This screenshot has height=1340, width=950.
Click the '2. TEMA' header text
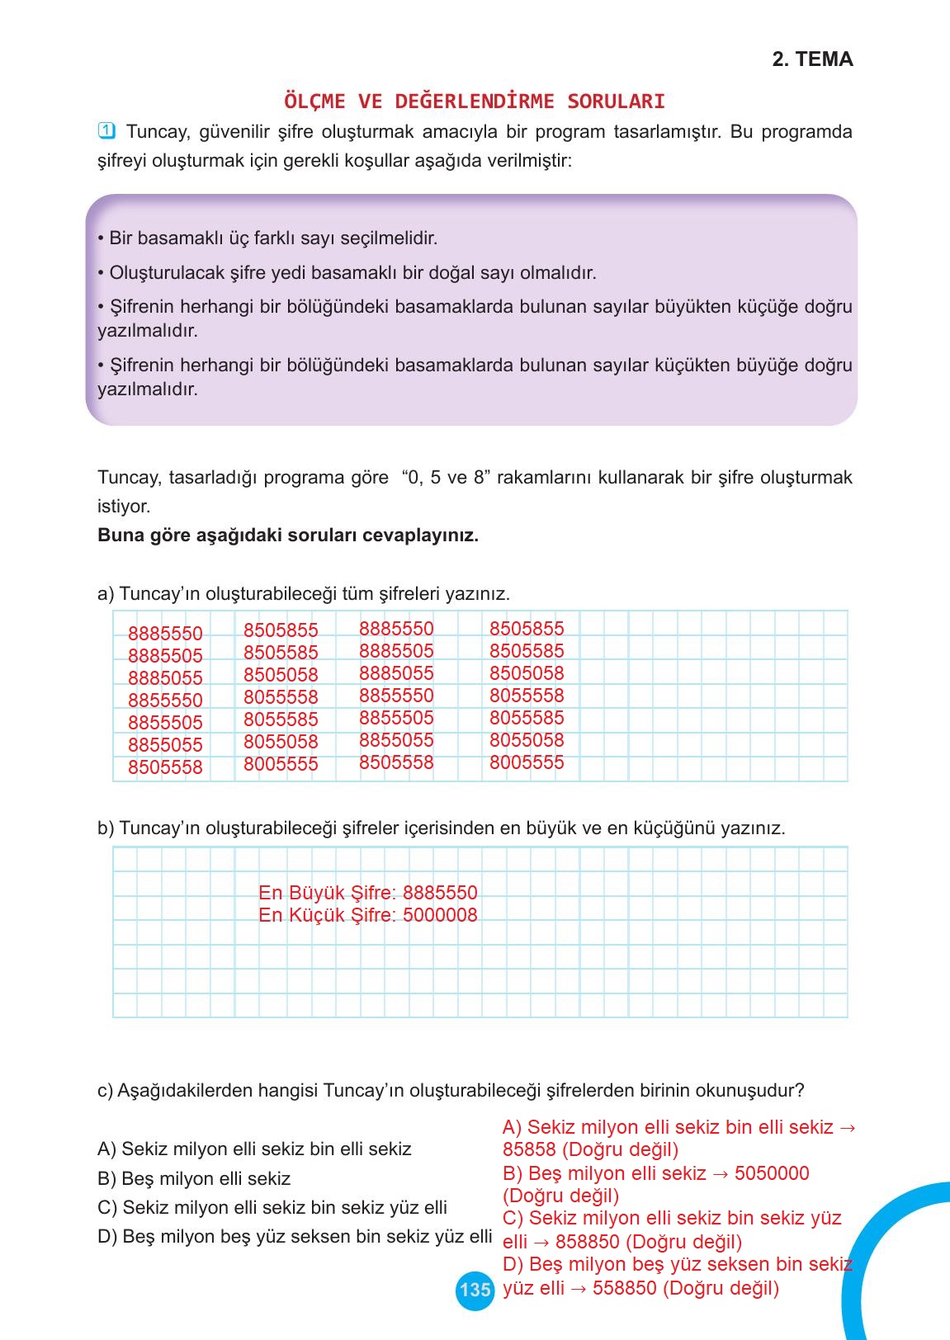click(x=812, y=59)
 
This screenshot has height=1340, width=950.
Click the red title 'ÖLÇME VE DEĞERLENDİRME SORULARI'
click(x=474, y=101)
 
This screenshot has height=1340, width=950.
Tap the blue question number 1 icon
click(x=106, y=131)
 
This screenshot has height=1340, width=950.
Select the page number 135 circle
click(x=475, y=1289)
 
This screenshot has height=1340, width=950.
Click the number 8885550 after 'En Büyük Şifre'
click(x=440, y=893)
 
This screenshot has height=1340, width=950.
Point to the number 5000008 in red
click(x=440, y=915)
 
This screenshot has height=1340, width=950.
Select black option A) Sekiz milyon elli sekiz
click(x=253, y=1149)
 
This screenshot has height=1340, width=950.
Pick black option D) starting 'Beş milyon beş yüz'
click(x=294, y=1236)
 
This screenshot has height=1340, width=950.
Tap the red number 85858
click(x=529, y=1149)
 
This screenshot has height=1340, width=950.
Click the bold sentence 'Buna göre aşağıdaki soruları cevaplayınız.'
click(x=287, y=535)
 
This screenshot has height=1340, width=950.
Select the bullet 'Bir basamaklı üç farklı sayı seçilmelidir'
click(x=267, y=238)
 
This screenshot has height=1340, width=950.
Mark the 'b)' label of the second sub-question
click(x=105, y=828)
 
